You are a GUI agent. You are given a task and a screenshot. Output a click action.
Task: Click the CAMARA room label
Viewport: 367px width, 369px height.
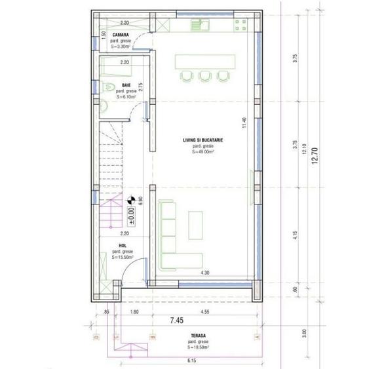(120, 34)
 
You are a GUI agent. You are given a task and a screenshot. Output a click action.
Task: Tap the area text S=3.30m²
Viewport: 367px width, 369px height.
(121, 47)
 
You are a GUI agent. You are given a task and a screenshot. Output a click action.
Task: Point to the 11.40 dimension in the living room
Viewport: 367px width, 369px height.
(244, 123)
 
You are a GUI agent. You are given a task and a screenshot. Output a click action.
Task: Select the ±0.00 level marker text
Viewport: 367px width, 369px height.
(131, 214)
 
